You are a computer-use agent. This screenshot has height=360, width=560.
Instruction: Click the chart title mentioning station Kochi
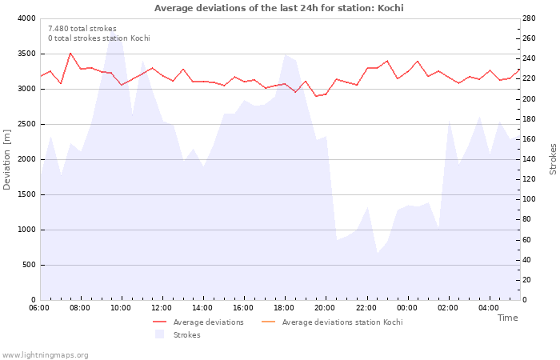point(278,8)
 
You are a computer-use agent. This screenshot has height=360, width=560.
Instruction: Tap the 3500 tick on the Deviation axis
point(26,54)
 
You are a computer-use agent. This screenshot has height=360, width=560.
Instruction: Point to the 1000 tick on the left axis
point(26,230)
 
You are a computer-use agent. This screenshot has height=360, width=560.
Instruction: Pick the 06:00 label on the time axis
point(39,307)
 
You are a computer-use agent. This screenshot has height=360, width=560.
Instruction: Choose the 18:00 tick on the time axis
point(285,307)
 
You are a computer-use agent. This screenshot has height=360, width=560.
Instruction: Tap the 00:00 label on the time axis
point(407,307)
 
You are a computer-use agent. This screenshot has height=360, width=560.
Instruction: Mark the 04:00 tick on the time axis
point(489,307)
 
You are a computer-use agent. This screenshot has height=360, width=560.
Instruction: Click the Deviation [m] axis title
point(7,159)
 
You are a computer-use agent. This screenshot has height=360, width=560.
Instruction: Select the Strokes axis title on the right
point(553,159)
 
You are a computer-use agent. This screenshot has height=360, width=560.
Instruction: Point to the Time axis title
point(507,318)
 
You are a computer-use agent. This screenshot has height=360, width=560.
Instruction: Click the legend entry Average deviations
point(208,322)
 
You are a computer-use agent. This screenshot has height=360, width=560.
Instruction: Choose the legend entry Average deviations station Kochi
point(342,322)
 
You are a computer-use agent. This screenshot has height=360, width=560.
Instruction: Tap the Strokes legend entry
point(186,335)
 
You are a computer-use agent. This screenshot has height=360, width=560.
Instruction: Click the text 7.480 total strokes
point(82,29)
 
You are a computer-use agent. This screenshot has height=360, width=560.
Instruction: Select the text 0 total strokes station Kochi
point(98,38)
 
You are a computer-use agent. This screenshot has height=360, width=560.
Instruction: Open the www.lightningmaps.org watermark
point(45,355)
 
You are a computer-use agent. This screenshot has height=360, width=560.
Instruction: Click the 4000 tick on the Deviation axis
point(26,18)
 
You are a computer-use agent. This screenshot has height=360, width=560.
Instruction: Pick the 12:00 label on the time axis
point(162,307)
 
